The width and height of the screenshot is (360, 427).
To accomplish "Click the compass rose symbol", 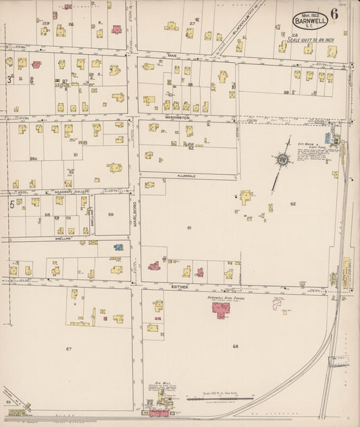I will click(282, 160).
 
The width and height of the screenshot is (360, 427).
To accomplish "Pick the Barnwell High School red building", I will click(221, 308).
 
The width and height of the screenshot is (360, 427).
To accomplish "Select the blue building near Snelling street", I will click(119, 247).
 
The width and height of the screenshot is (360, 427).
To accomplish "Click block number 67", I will click(68, 349).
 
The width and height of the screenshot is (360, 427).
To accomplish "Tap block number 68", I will click(235, 347).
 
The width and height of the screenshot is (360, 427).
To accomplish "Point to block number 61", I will click(189, 228).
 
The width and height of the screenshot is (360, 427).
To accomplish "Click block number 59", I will click(111, 215).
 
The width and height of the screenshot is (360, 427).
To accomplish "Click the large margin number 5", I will click(11, 205).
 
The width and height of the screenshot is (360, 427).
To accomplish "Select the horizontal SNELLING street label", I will click(64, 238).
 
